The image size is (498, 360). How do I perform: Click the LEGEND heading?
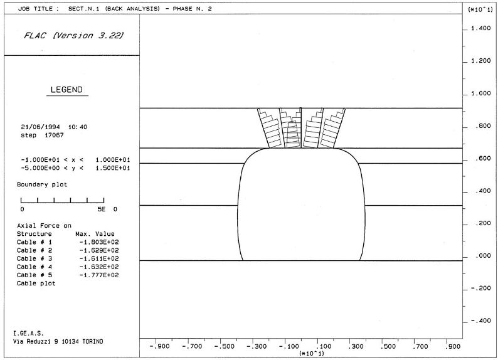click(x=66, y=90)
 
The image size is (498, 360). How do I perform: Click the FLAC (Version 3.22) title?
click(x=73, y=36)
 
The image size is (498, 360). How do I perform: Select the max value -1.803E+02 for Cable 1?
click(x=99, y=242)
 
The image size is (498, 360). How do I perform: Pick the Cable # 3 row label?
click(x=34, y=259)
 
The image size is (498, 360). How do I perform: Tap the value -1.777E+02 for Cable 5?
click(x=99, y=275)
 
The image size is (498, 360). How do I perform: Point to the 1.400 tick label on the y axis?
click(x=481, y=29)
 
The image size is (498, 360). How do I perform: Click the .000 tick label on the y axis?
click(x=483, y=256)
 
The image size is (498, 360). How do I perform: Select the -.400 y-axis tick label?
click(x=481, y=321)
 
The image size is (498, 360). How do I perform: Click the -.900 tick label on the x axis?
click(x=159, y=346)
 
